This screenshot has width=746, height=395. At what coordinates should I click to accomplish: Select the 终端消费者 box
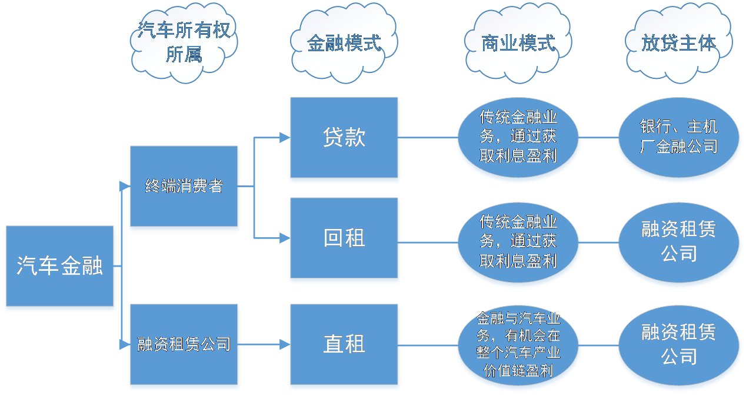(x=184, y=187)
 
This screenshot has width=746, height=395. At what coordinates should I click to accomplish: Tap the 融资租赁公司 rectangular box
(x=184, y=345)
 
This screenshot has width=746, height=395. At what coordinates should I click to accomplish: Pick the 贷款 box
(x=344, y=138)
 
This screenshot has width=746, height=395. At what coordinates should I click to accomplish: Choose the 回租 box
(x=344, y=238)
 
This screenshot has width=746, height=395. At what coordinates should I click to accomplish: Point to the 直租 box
(x=344, y=345)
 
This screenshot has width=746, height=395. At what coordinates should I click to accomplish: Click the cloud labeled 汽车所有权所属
(x=184, y=42)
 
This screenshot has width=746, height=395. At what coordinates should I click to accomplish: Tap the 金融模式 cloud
(x=344, y=43)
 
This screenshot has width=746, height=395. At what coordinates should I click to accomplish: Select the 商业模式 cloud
(x=518, y=43)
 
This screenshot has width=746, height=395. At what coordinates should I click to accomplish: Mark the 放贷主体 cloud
(x=679, y=43)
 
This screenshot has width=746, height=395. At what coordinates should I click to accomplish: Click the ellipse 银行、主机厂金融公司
(x=679, y=138)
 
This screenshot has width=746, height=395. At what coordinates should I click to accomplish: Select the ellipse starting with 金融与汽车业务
(x=518, y=345)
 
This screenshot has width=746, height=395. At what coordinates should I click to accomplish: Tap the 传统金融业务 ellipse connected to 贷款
(x=518, y=138)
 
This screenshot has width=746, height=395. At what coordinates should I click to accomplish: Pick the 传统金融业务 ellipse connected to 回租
(x=518, y=241)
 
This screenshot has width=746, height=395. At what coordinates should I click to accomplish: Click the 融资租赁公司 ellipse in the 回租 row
(x=679, y=241)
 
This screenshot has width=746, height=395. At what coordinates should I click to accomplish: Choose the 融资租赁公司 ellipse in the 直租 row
(x=679, y=345)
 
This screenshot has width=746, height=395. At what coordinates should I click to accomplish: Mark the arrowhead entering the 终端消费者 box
(x=124, y=187)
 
